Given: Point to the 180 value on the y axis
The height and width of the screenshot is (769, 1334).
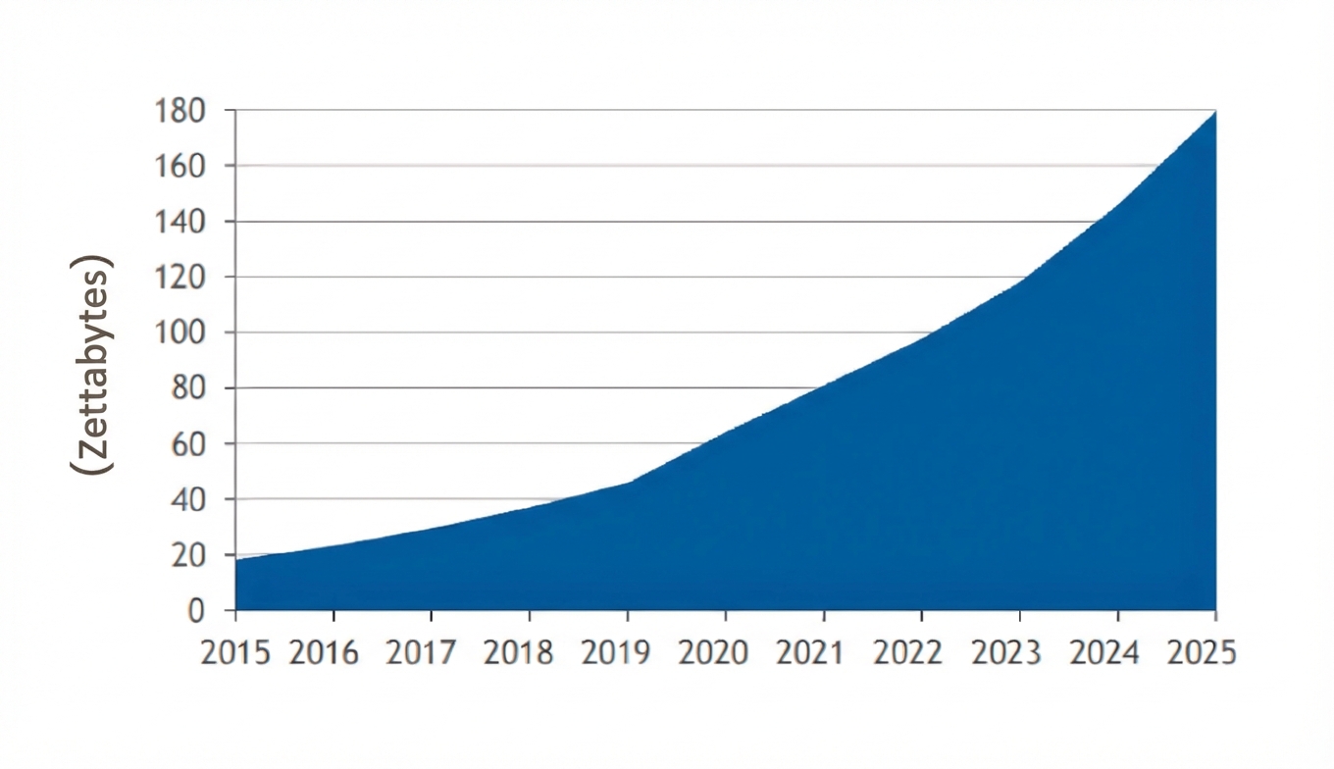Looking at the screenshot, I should coord(180,111).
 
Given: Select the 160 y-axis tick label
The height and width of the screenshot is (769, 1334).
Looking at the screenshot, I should coord(180,166).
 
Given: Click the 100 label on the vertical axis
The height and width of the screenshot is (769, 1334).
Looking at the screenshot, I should coord(180,333).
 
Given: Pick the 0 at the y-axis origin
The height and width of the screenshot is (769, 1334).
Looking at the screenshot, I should coord(196,610).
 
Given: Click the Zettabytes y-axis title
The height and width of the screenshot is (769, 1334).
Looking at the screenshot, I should coord(92,365).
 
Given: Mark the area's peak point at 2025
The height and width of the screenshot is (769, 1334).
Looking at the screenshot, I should coord(1215,112).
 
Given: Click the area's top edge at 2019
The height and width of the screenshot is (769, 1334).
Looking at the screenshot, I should coord(628,483).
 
